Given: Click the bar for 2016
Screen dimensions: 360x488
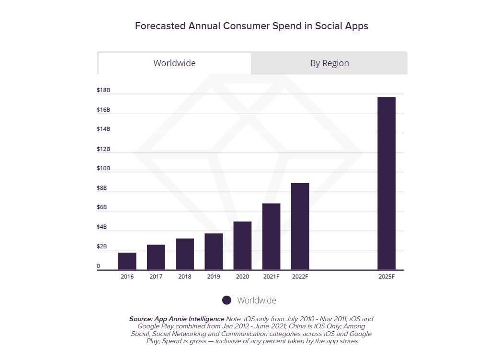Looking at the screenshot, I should [127, 261].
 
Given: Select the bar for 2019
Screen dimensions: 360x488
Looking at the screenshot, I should [214, 252].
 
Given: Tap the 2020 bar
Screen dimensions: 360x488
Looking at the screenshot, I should [242, 246].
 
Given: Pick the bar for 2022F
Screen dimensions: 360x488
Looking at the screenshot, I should [300, 227].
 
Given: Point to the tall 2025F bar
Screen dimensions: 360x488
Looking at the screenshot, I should [386, 184].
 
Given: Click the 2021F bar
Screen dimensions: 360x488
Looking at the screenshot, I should [271, 237].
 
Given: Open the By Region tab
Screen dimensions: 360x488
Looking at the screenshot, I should [329, 63].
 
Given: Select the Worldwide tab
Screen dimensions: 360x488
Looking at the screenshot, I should [174, 63].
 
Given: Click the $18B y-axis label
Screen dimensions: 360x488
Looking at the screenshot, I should [103, 90].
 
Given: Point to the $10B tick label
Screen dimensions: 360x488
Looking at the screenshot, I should [103, 168].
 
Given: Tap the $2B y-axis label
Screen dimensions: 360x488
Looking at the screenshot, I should [102, 246].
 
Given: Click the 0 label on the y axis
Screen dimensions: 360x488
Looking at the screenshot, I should [99, 266].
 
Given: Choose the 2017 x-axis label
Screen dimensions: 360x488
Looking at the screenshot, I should [156, 277].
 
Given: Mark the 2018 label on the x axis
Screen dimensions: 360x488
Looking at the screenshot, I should [185, 277].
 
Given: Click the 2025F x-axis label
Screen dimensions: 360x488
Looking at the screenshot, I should [386, 277].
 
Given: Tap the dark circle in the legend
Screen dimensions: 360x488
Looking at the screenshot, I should [227, 300].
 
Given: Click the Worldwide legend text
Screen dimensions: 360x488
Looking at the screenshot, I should [257, 301].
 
